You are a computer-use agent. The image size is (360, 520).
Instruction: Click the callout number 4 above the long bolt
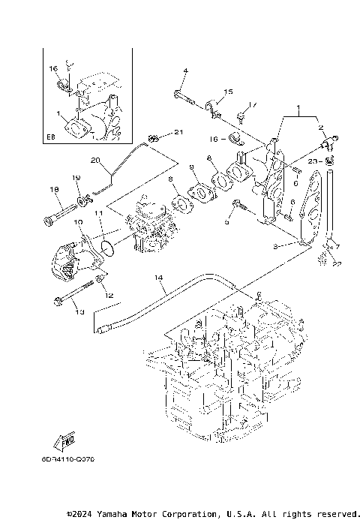tap(185, 71)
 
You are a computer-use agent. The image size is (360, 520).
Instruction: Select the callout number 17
tap(252, 104)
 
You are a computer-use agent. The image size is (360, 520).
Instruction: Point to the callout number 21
tap(178, 133)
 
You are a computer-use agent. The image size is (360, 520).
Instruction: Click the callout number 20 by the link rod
tap(95, 160)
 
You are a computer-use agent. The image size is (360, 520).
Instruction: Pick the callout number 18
tap(55, 191)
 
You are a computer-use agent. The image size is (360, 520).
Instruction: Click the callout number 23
tap(309, 161)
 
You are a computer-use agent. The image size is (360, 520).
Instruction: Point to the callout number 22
tap(337, 263)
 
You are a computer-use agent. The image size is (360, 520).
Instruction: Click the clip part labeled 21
tap(154, 139)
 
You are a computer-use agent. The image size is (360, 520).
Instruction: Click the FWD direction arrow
tap(64, 441)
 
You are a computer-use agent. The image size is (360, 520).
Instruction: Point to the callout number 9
tap(191, 167)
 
